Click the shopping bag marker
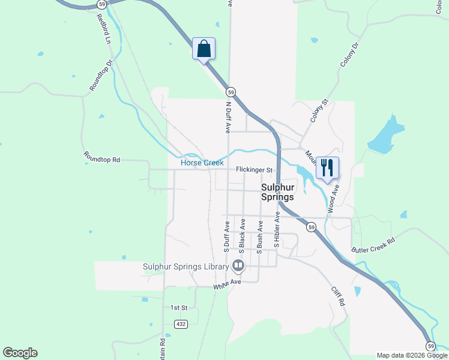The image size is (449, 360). click(203, 49)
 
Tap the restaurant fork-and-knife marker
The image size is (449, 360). click(327, 167)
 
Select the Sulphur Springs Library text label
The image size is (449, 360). click(185, 266)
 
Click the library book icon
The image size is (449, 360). click(238, 265)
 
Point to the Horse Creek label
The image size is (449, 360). click(202, 163)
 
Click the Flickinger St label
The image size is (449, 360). click(254, 170)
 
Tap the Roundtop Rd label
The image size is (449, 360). click(101, 160)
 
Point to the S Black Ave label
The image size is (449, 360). click(243, 235)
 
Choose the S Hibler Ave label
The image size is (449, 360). click(277, 229)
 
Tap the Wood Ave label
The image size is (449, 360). click(333, 199)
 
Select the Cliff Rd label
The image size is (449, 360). click(339, 296)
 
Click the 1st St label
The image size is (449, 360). click(179, 307)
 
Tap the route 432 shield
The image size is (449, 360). click(181, 323)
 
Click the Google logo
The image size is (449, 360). click(20, 353)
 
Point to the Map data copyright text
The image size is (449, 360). click(411, 355)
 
